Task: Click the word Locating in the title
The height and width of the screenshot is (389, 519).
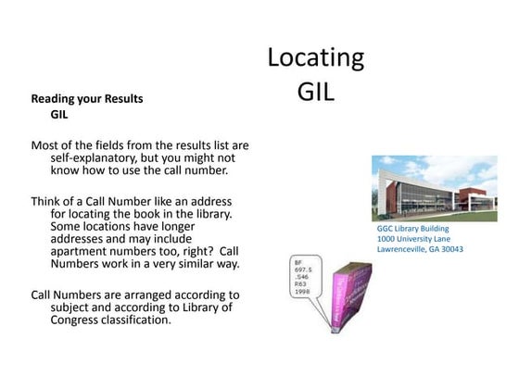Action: click(x=315, y=58)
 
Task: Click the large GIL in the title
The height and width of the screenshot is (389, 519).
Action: click(x=315, y=93)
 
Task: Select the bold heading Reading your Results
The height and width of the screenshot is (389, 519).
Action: click(x=87, y=98)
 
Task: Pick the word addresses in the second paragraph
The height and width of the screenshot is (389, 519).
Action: click(x=82, y=238)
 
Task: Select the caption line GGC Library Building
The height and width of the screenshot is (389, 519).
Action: click(x=412, y=228)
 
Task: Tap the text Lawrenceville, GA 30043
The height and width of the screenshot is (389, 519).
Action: click(x=420, y=249)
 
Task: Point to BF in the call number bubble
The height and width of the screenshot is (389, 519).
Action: click(x=297, y=261)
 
